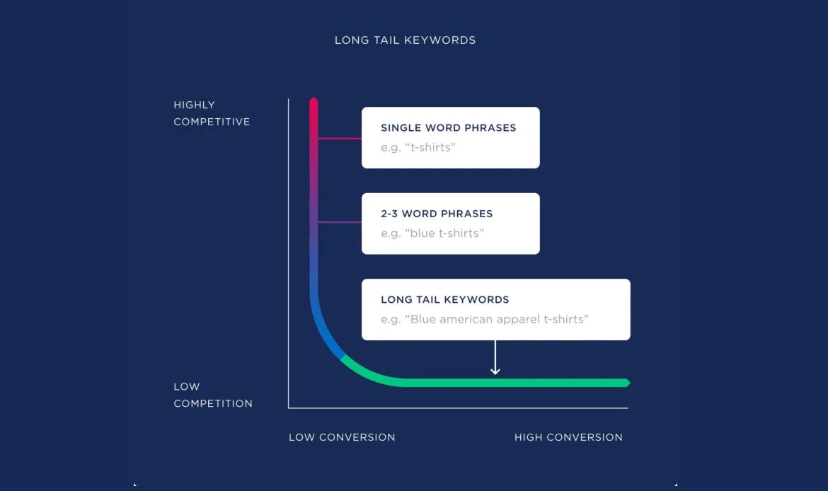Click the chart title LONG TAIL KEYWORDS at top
405,40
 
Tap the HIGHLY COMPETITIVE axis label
212,113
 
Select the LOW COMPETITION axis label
212,395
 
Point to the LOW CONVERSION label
342,437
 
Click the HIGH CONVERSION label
568,437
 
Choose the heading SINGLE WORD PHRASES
448,128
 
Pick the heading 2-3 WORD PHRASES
437,214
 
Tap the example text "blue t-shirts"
432,233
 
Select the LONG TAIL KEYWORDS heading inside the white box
444,299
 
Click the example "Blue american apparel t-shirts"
485,319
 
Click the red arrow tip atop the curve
314,102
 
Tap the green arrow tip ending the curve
626,383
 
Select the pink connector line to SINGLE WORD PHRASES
340,139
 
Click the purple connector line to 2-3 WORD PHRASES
340,222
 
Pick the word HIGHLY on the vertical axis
194,105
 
